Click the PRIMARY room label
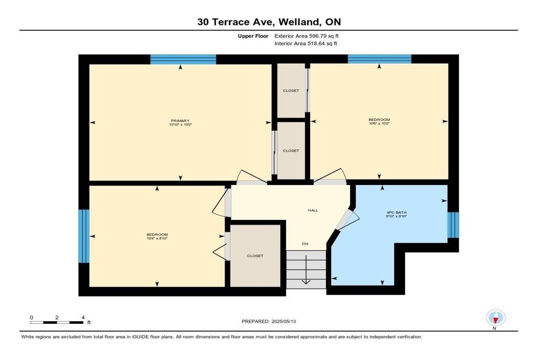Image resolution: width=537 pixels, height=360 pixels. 180,120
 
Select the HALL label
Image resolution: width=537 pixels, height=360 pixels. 313,210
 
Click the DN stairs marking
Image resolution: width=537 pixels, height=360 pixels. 305,244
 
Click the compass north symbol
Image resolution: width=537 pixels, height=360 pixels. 495,318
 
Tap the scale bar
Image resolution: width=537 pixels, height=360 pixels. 57,322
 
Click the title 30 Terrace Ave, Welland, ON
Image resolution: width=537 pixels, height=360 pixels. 268,22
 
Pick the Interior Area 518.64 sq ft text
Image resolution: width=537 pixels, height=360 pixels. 306,44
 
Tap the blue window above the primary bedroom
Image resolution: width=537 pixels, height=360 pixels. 183,59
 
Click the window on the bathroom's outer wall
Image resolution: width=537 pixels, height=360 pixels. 453,225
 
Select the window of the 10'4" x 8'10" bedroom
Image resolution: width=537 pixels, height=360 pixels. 84,236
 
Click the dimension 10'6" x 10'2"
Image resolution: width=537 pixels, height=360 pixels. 379,124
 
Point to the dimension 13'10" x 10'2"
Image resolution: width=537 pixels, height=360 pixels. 180,124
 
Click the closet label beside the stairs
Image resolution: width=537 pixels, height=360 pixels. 255,256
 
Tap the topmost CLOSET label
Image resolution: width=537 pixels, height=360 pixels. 291,91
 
